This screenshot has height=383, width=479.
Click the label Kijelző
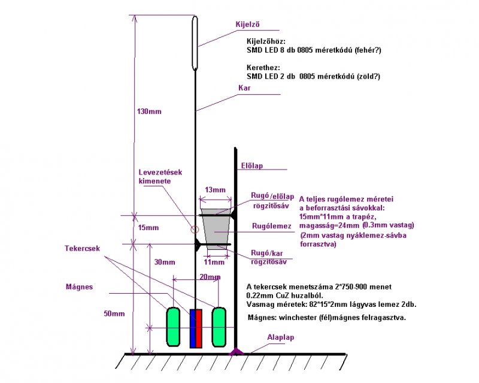coord(247,25)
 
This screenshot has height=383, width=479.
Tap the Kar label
coord(244,88)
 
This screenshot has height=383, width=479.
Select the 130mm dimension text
coord(149,111)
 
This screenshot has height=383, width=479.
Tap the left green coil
coord(174,327)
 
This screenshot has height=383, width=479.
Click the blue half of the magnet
coord(193,328)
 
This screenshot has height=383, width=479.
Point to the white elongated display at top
coord(195,43)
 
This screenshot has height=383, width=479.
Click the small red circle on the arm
coord(194,228)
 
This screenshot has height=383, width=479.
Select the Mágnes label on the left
coord(79,287)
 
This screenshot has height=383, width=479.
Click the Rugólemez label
coord(271,226)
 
